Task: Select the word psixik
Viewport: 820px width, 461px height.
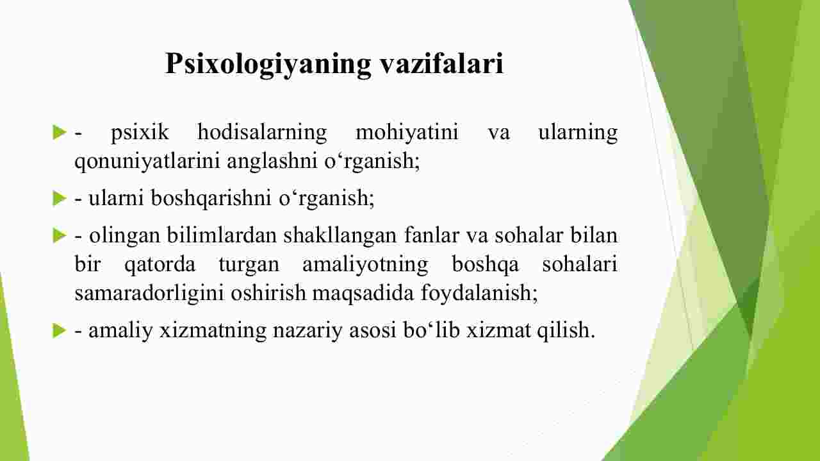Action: click(140, 132)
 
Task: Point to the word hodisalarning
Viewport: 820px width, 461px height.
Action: click(262, 133)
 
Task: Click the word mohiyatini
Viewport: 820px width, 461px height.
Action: click(407, 133)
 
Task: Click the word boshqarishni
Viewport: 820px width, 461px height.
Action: click(211, 198)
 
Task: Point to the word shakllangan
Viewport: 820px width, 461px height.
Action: click(340, 236)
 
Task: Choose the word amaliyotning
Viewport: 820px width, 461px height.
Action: click(365, 265)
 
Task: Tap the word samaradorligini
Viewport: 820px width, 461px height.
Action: click(149, 294)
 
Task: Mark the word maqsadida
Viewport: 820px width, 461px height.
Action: click(363, 294)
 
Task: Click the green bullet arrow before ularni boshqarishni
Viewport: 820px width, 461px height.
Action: click(60, 198)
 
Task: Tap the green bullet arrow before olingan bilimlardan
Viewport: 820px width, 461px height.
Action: click(60, 235)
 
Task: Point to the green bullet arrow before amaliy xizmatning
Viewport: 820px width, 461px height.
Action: click(60, 331)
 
